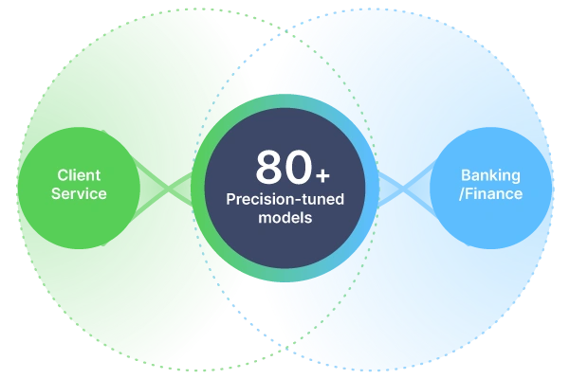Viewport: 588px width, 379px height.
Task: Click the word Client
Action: click(x=79, y=175)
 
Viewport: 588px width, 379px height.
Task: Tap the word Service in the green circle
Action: click(x=79, y=194)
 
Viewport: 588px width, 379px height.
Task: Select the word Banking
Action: click(x=491, y=175)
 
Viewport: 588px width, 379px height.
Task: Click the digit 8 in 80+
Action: click(x=268, y=168)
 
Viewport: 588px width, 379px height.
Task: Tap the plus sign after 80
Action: click(x=323, y=175)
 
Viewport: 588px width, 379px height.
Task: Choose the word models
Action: click(x=285, y=218)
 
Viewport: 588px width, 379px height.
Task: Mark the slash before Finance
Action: click(x=465, y=194)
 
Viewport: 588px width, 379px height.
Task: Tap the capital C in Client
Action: click(x=62, y=175)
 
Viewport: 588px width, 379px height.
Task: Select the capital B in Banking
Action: click(x=466, y=175)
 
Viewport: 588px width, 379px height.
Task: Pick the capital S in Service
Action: click(x=56, y=194)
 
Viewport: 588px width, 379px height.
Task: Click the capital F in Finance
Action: click(x=472, y=194)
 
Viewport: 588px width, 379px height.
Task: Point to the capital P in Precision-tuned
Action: click(x=230, y=200)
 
